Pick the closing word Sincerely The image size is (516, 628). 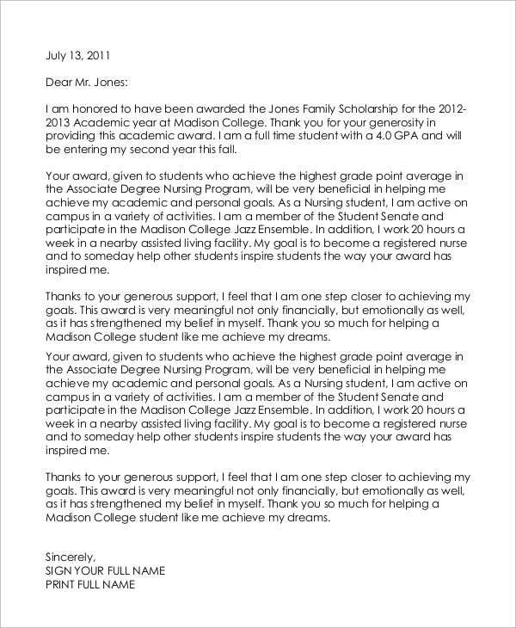pos(71,557)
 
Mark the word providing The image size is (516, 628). pos(74,135)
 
